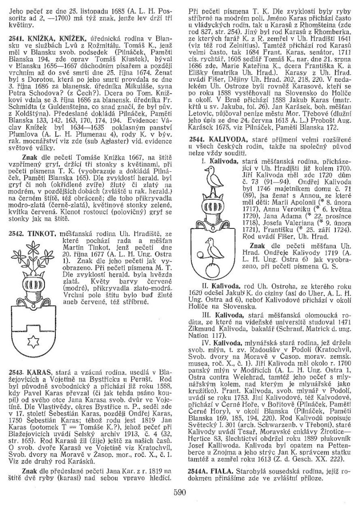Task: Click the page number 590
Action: click(x=180, y=492)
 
